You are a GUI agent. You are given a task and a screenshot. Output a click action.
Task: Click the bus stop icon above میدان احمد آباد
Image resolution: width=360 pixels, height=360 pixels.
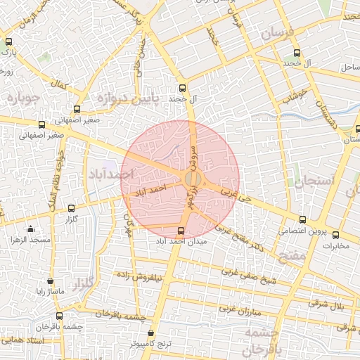[x=181, y=231]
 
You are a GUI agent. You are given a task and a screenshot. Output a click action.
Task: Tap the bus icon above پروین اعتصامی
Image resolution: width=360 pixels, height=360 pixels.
[x=302, y=219]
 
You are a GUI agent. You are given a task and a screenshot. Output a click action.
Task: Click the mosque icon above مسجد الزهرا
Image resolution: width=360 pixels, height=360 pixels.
[x=30, y=229]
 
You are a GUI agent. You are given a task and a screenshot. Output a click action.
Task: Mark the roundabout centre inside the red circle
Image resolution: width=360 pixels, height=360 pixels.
[x=193, y=179]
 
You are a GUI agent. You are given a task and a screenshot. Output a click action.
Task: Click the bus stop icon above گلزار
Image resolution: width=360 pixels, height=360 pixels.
[x=71, y=208]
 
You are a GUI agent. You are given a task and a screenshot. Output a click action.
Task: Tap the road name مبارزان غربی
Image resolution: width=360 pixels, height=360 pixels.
[x=239, y=309]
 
